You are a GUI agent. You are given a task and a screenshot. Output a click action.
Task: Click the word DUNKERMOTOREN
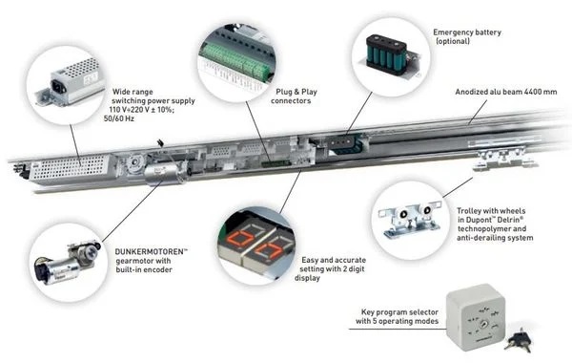[149, 251]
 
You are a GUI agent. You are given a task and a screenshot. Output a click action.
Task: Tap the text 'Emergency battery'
[467, 32]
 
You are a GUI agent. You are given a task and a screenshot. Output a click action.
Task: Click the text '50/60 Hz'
[119, 118]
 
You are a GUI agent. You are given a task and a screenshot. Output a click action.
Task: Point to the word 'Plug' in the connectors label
[283, 92]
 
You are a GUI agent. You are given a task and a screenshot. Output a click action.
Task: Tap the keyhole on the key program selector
[484, 323]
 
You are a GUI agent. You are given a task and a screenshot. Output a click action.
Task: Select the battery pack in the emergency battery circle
[387, 54]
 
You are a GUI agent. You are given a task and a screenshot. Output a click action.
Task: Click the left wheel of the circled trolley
[403, 215]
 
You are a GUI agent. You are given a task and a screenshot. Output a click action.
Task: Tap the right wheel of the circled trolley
[426, 209]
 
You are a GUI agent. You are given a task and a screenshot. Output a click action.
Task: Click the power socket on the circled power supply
[58, 87]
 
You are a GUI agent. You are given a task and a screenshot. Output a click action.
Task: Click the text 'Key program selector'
[399, 312]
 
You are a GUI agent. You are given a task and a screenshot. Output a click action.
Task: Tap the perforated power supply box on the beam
[71, 167]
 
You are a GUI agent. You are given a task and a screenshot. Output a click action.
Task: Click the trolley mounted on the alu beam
[504, 159]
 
